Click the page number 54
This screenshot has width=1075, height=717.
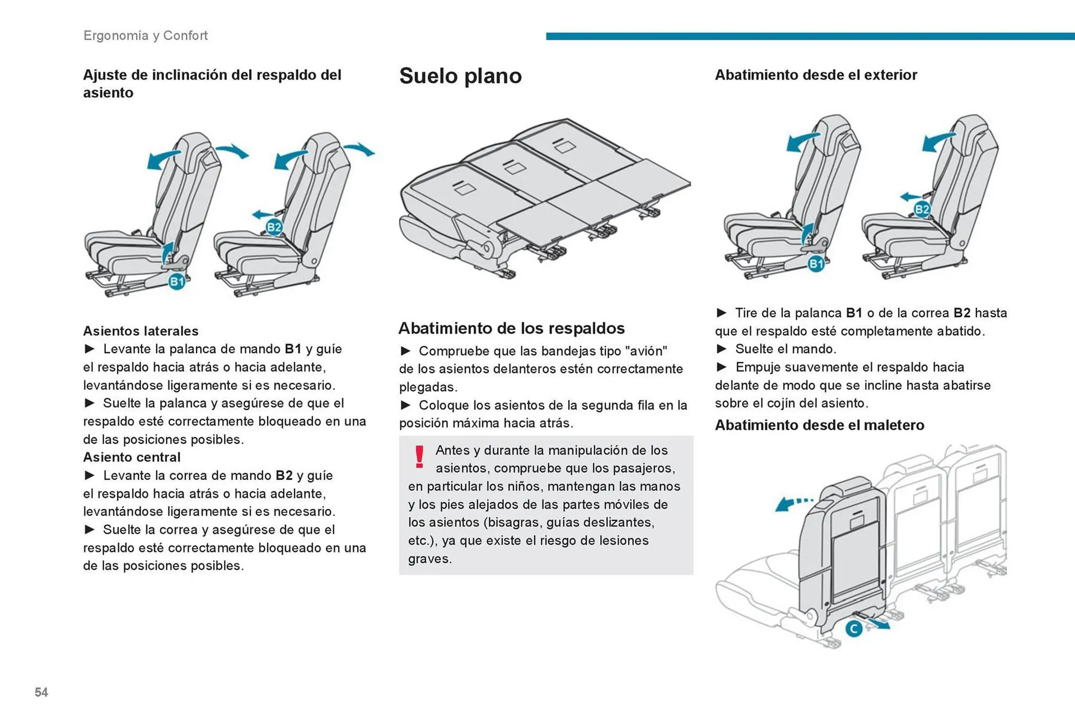point(41,692)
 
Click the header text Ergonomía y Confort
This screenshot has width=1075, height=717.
point(146,36)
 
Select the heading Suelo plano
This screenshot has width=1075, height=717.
point(460,76)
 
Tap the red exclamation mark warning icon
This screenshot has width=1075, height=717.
point(419,457)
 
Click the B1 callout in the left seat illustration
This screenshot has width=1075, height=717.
point(177,282)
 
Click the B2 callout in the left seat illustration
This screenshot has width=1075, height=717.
point(274,227)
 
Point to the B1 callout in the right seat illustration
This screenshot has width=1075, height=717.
point(816,264)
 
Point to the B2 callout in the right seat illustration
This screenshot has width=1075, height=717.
point(922,210)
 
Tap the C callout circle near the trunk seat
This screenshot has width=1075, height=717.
point(853,629)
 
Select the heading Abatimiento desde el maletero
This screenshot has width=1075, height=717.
point(819,425)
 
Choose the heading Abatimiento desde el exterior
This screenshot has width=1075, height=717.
point(816,75)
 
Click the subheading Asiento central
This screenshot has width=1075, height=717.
point(132,457)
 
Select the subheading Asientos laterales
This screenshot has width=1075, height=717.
point(141,331)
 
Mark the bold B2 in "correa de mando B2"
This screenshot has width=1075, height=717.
point(284,476)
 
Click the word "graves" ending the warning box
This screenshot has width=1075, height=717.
point(429,559)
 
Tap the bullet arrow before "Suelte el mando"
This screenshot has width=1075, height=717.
point(722,349)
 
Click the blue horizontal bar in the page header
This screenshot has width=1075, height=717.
point(810,36)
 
